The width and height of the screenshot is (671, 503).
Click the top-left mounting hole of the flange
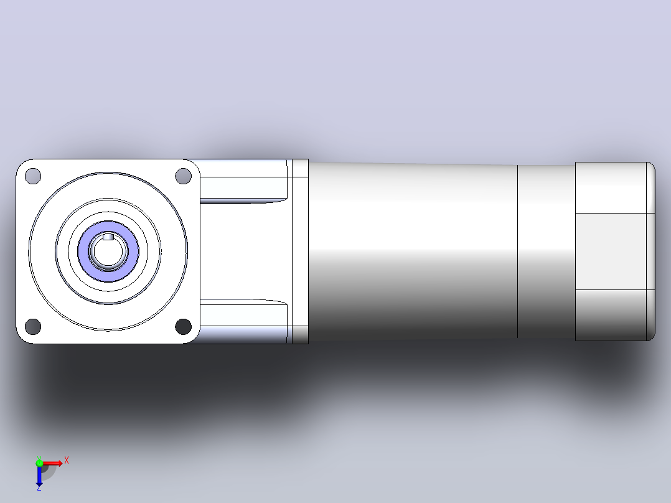click(x=33, y=176)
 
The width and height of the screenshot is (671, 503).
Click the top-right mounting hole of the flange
click(x=183, y=176)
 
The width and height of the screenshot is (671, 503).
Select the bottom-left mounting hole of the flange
click(x=33, y=327)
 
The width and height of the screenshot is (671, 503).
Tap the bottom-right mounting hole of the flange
click(x=183, y=327)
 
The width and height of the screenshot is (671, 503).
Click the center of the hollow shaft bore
click(x=108, y=251)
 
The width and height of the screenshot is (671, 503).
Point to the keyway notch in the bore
click(x=108, y=237)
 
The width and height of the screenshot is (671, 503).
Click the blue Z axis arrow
click(x=39, y=476)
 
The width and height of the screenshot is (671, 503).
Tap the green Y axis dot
click(x=39, y=463)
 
